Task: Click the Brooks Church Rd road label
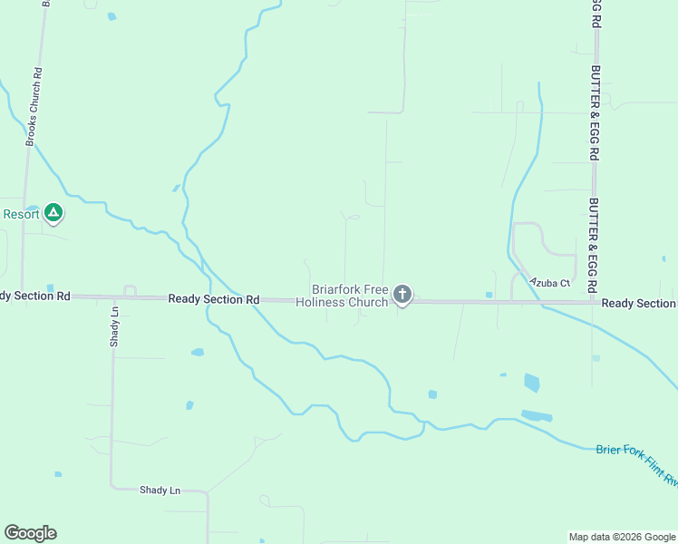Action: [x=31, y=107]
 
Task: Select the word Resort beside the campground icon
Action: [x=20, y=214]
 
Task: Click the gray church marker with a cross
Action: [x=402, y=294]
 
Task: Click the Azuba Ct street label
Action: [x=550, y=283]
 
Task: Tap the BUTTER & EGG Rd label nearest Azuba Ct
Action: [x=595, y=244]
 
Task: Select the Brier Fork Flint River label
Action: [x=636, y=464]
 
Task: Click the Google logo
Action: [x=30, y=533]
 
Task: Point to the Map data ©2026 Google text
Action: [x=621, y=537]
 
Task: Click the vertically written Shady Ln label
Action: [x=114, y=326]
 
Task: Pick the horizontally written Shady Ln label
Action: [x=160, y=491]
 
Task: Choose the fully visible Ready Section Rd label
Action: [x=214, y=299]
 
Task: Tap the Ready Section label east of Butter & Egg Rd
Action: [x=638, y=304]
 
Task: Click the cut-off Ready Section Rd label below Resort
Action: [x=34, y=296]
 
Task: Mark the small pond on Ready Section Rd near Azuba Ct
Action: [x=489, y=295]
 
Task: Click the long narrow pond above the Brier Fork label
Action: [x=537, y=416]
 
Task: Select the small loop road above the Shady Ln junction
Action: [x=130, y=290]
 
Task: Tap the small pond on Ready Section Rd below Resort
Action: [x=49, y=287]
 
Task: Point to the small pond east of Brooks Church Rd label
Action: [x=111, y=16]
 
